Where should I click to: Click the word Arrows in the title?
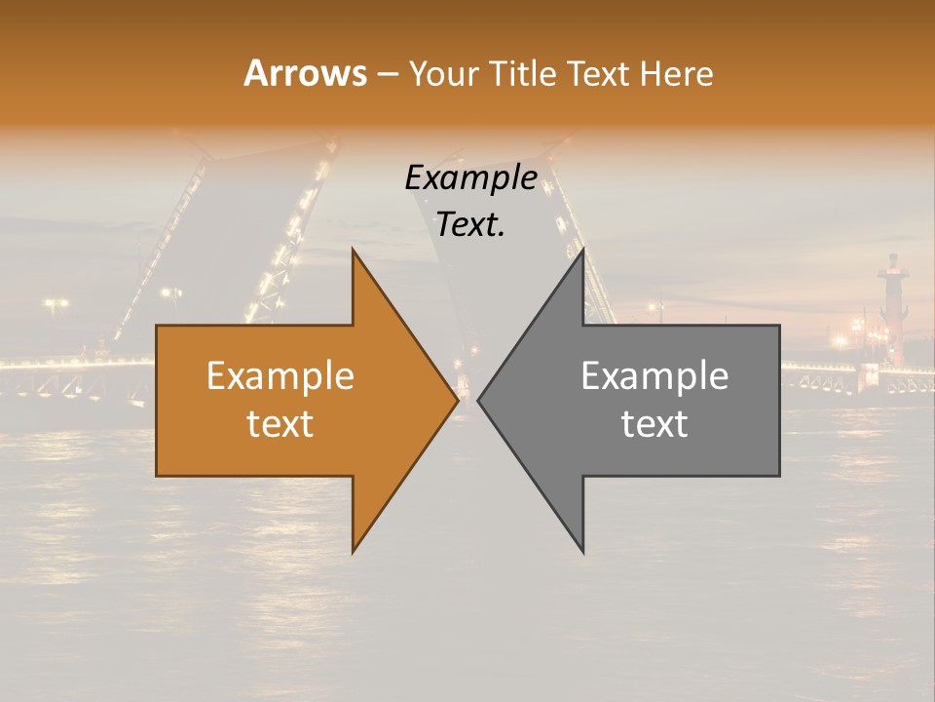pos(305,73)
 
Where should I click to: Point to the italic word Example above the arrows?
pos(470,178)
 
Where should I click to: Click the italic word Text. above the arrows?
pos(470,225)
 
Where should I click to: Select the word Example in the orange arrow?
pos(280,375)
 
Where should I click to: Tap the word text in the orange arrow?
pos(280,423)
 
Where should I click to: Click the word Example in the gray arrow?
pos(654,375)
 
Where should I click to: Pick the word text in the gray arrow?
pos(654,423)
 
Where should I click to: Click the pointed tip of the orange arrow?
pos(457,400)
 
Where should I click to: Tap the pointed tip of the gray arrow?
pos(479,400)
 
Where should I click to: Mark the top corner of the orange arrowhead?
pos(354,251)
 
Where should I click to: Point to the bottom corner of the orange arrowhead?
pos(354,551)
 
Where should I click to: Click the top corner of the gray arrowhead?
pos(582,251)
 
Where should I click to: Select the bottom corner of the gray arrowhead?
pos(582,551)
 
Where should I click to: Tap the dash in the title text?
pos(387,74)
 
